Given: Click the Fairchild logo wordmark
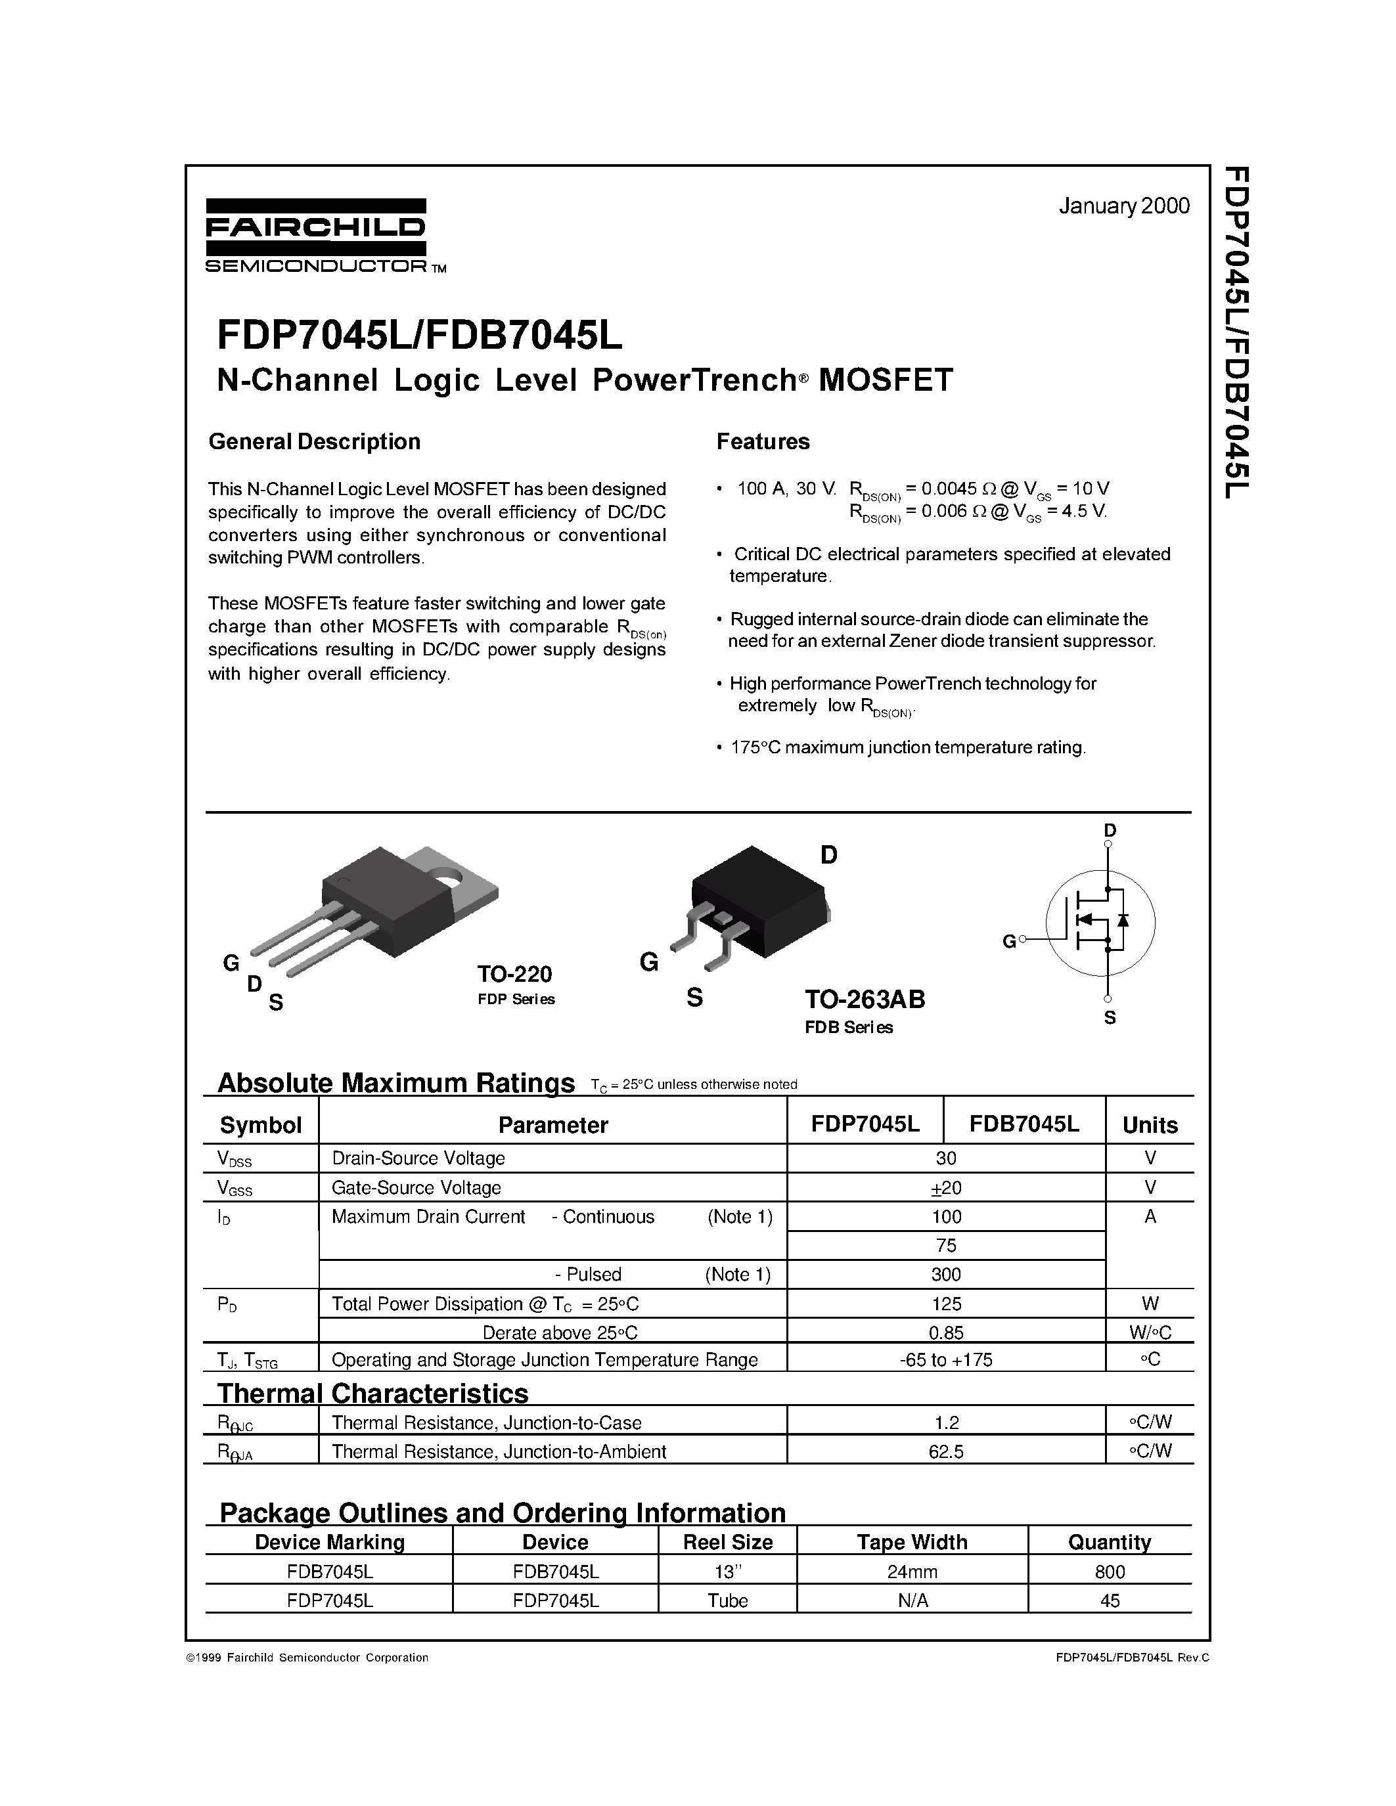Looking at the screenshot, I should pyautogui.click(x=315, y=227).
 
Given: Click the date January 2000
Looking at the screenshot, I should pyautogui.click(x=1123, y=206).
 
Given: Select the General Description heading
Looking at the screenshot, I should pyautogui.click(x=314, y=441).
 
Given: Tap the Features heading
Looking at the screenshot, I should pyautogui.click(x=763, y=441).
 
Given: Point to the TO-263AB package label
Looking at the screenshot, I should pyautogui.click(x=865, y=999).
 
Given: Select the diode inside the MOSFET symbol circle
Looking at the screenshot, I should pyautogui.click(x=1122, y=919).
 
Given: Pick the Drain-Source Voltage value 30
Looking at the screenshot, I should pyautogui.click(x=946, y=1158).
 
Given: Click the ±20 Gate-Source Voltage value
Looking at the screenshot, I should pyautogui.click(x=946, y=1188).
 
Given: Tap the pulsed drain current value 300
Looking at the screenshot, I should pyautogui.click(x=946, y=1274).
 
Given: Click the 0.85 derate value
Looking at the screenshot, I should pyautogui.click(x=946, y=1332).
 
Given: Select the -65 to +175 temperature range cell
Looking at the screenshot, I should pyautogui.click(x=946, y=1359).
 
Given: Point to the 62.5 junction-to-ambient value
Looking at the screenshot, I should pyautogui.click(x=946, y=1451).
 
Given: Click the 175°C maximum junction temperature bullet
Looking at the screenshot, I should pyautogui.click(x=907, y=747).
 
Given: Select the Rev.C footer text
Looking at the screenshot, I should pyautogui.click(x=1192, y=1657).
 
